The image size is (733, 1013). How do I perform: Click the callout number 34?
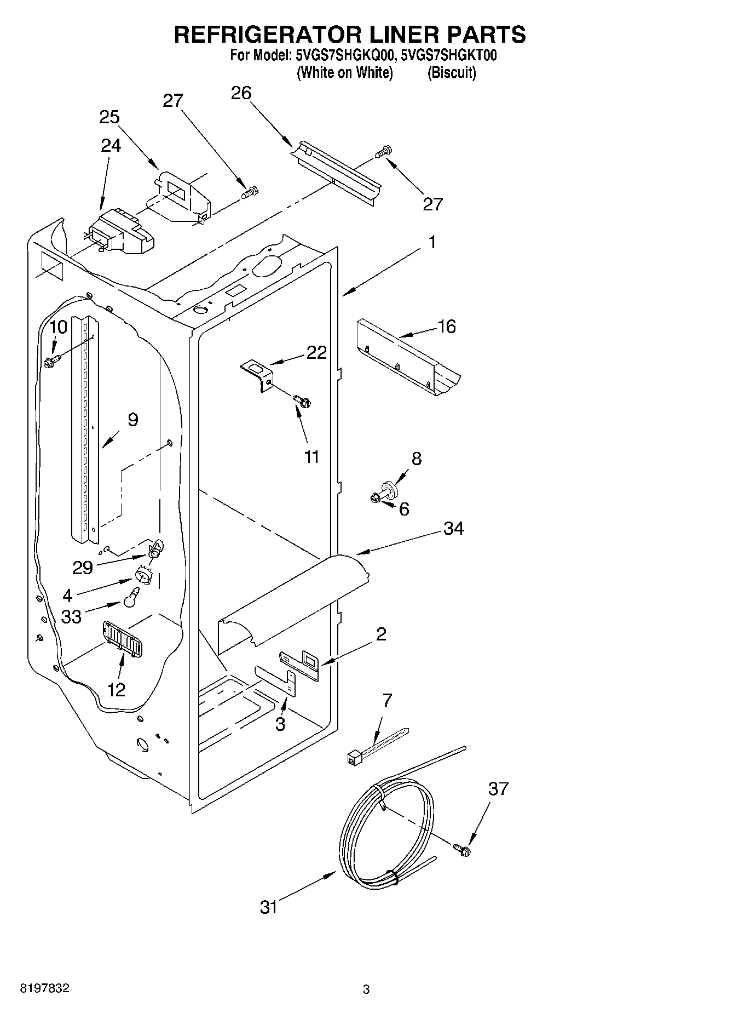point(453,529)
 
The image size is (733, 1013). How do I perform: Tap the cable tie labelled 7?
point(378,746)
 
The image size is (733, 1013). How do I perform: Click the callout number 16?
point(447,327)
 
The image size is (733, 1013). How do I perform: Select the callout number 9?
point(133,420)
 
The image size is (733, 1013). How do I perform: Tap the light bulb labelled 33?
point(131,598)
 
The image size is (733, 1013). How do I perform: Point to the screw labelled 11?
point(302,402)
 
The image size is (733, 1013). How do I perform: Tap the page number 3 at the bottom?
point(366,989)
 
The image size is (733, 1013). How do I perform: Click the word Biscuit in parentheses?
point(452,72)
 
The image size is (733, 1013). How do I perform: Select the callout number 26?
point(241,94)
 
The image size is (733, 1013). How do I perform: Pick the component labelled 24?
point(120,233)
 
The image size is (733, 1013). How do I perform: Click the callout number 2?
point(381,634)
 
